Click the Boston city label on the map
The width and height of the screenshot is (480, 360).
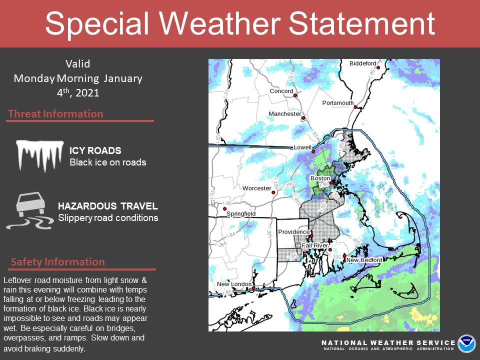click(320, 178)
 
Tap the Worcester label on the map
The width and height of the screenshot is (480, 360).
click(256, 188)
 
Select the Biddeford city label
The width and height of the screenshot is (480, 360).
click(362, 63)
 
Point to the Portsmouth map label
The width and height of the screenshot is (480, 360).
click(337, 103)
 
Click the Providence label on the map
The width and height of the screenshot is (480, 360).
click(294, 232)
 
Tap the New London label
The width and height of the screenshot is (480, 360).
click(234, 284)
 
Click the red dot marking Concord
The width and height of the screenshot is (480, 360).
click(295, 95)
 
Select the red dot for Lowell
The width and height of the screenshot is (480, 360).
click(312, 151)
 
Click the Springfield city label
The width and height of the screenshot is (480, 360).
click(240, 214)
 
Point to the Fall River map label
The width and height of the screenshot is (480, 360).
click(314, 246)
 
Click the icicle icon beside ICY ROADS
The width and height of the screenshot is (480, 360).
click(40, 155)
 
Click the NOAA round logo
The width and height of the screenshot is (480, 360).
click(467, 344)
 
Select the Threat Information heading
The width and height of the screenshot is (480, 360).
click(55, 114)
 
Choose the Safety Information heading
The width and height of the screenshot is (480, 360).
click(57, 262)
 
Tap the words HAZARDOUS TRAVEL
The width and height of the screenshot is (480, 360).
click(108, 206)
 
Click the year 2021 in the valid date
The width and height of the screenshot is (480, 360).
click(87, 93)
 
